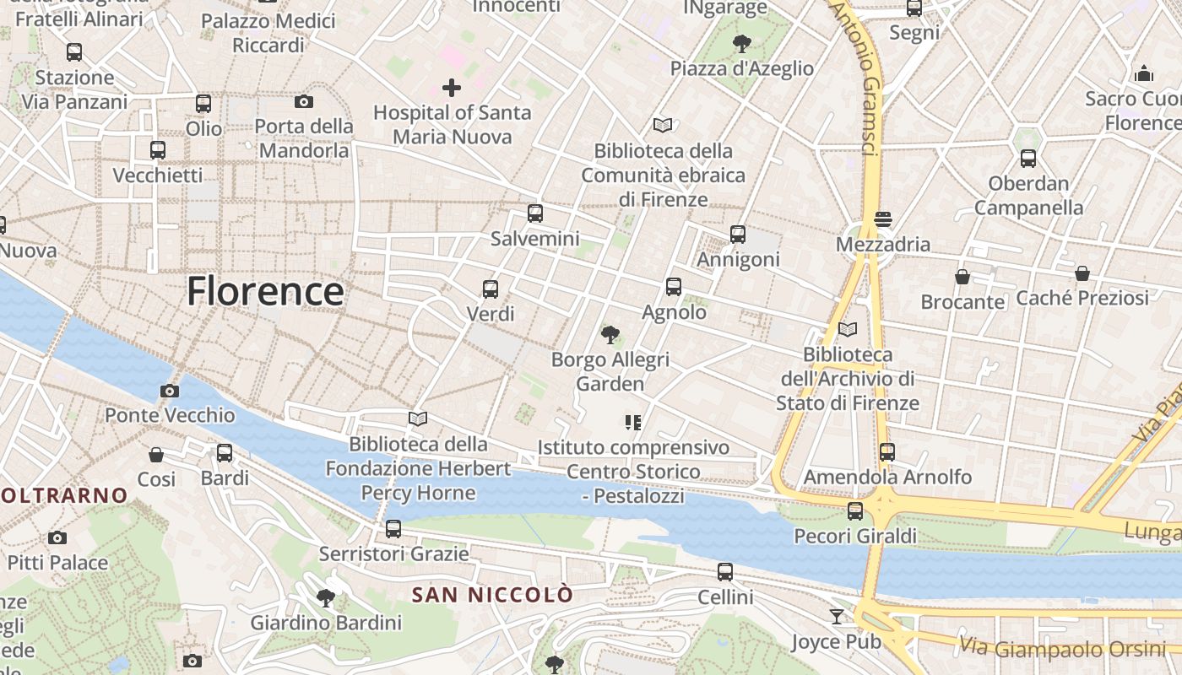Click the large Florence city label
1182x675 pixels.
point(265,292)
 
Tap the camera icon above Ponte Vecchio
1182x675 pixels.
point(170,391)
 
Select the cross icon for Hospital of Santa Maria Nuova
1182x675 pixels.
point(452,87)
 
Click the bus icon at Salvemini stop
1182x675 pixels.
point(534,213)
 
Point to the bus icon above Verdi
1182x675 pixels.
point(491,289)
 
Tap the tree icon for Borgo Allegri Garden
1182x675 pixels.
point(610,335)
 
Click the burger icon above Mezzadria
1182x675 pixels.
point(883,219)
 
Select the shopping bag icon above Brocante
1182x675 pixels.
point(962,277)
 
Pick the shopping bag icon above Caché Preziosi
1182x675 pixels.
point(1082,273)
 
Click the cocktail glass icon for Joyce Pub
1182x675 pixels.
point(836,617)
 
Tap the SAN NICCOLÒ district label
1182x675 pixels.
point(492,595)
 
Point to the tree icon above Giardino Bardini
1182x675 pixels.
point(325,599)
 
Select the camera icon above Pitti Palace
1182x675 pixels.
point(57,537)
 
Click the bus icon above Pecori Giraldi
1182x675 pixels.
point(855,511)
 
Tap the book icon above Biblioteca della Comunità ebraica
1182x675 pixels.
point(663,126)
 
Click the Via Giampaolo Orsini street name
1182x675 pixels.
point(1062,649)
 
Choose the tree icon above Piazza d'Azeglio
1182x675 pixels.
point(742,43)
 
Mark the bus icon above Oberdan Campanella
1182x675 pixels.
point(1027,158)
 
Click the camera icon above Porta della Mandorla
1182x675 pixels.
point(304,102)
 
